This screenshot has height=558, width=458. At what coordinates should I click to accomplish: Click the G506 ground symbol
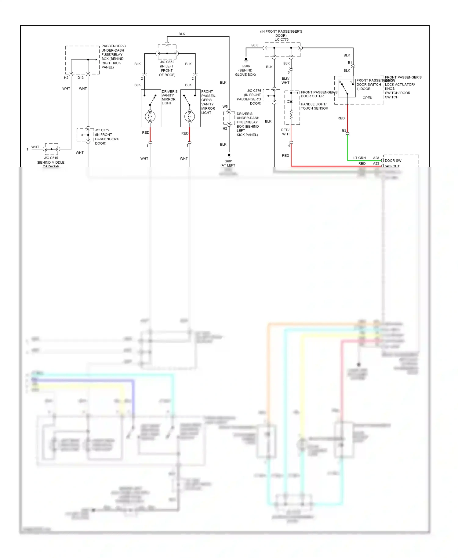click(x=246, y=60)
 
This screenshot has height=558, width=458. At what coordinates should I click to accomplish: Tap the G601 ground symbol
click(x=229, y=156)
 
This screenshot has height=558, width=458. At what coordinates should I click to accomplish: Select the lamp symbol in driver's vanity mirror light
click(x=150, y=116)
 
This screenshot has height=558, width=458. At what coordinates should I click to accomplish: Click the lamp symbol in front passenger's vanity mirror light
click(x=190, y=116)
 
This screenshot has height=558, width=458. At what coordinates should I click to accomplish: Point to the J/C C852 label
click(x=167, y=62)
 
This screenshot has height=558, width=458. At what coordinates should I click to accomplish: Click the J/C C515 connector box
click(x=51, y=149)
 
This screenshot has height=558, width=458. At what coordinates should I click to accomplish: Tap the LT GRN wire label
click(x=359, y=158)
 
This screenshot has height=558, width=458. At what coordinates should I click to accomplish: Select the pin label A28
click(x=376, y=158)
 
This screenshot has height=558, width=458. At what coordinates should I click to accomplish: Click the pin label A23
click(x=376, y=164)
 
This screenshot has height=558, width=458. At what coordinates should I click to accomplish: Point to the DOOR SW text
click(x=393, y=161)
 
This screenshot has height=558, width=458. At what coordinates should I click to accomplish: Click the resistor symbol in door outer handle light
click(x=291, y=114)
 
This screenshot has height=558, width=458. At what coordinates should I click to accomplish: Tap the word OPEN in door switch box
click(x=367, y=98)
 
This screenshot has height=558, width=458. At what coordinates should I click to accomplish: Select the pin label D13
click(x=81, y=78)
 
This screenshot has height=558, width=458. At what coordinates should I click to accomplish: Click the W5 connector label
click(x=225, y=107)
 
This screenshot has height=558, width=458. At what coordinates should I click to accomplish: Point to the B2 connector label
click(x=344, y=131)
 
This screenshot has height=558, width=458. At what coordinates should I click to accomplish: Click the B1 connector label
click(x=350, y=63)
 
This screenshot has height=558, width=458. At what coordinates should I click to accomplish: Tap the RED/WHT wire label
click(x=285, y=132)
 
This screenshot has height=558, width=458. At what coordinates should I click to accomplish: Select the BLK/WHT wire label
click(x=285, y=81)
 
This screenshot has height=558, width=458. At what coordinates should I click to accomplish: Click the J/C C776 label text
click(x=254, y=91)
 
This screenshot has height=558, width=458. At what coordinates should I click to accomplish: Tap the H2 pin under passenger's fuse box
click(x=66, y=78)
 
